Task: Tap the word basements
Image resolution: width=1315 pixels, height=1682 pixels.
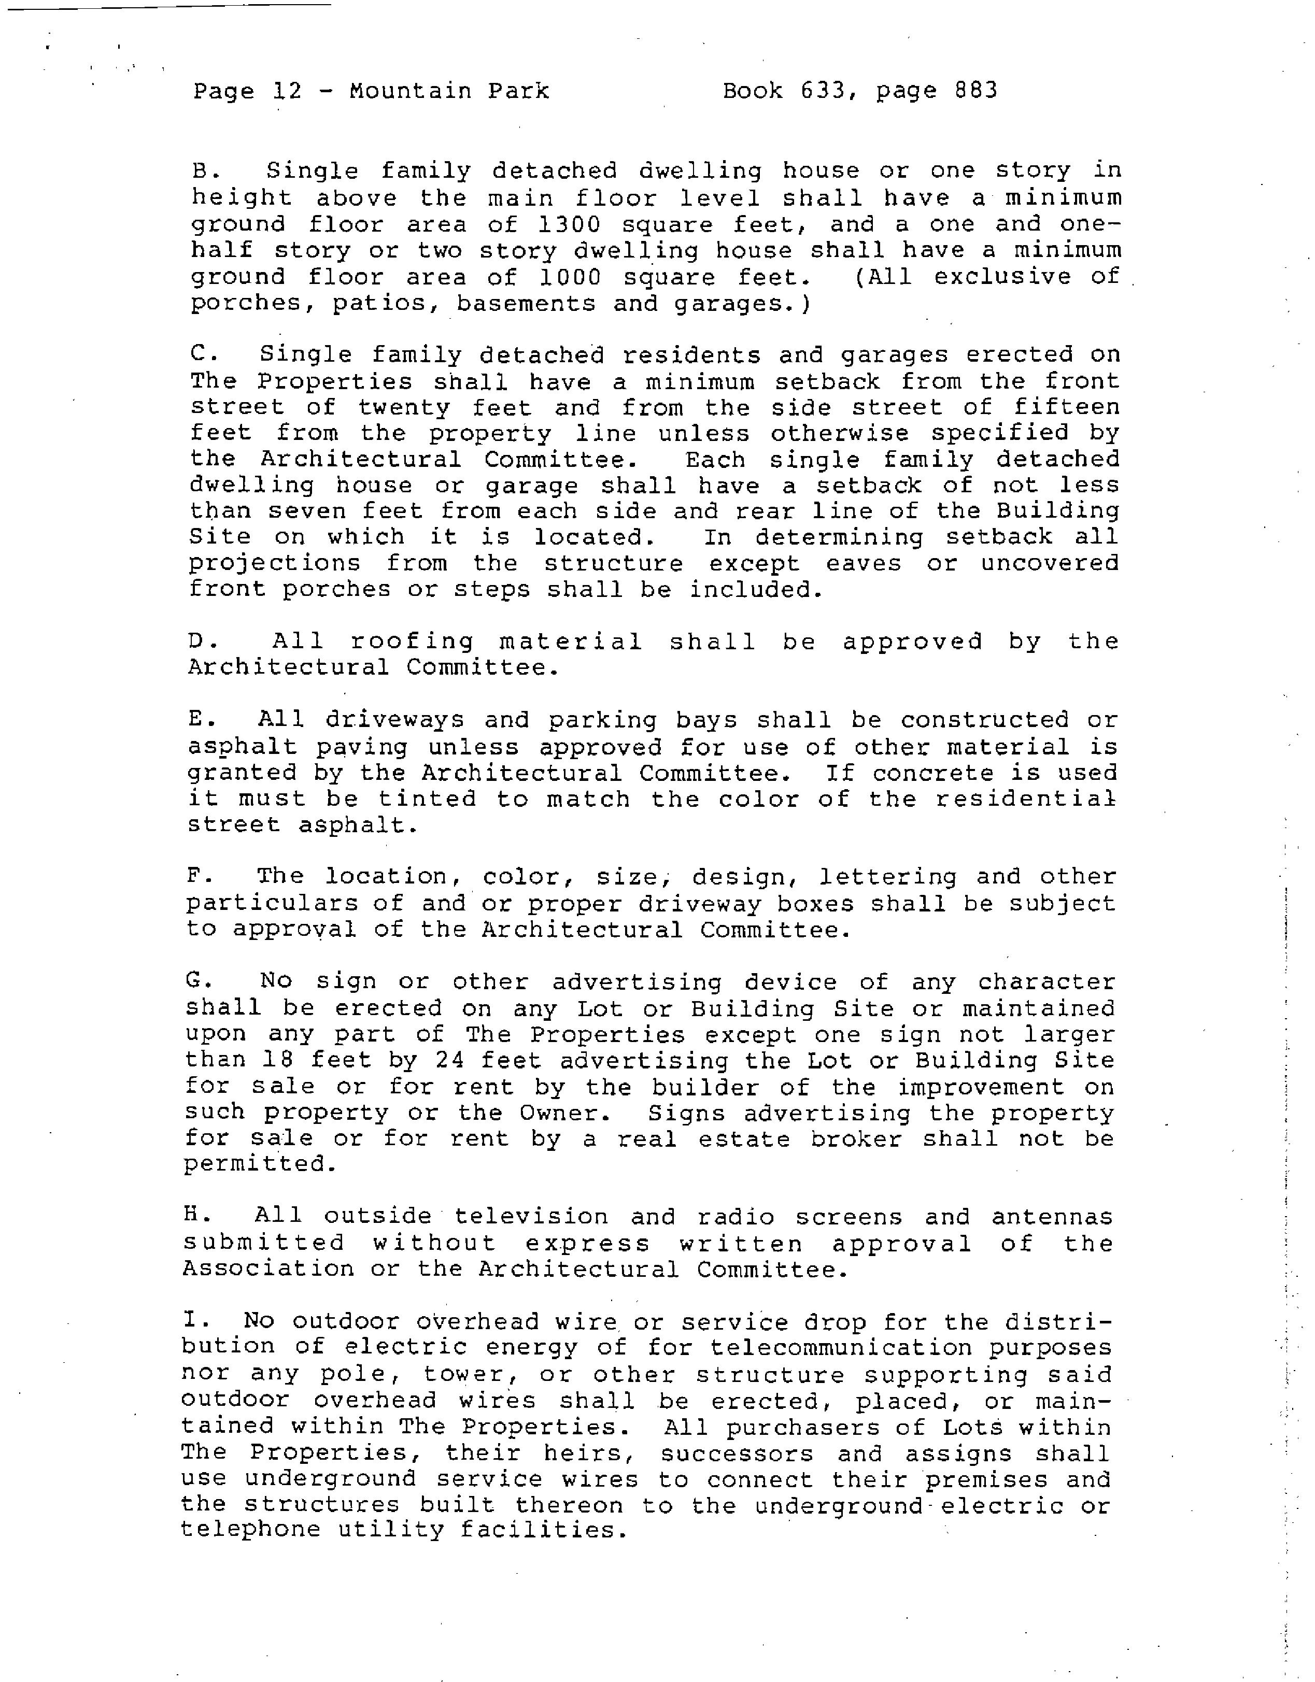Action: pos(526,304)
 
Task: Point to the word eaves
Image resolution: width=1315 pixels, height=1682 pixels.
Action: pos(863,564)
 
